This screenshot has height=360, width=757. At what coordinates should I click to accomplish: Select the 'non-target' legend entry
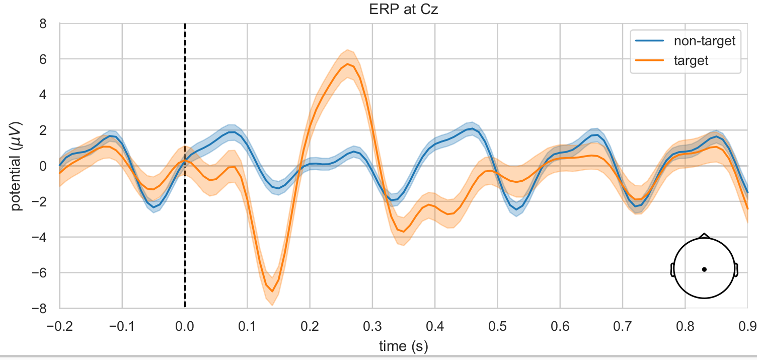click(x=704, y=41)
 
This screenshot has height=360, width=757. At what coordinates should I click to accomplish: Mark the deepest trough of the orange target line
click(x=272, y=291)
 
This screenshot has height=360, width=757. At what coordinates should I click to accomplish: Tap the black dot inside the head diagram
click(x=704, y=269)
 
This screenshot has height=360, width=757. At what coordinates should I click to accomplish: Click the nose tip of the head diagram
click(x=704, y=234)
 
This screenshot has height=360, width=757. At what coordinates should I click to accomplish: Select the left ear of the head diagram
click(x=672, y=269)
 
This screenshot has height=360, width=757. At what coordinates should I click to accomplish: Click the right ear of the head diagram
click(x=736, y=269)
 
